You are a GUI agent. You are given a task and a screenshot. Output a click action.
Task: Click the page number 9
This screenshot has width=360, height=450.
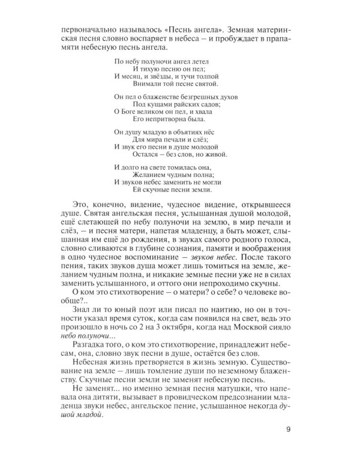(x=289, y=428)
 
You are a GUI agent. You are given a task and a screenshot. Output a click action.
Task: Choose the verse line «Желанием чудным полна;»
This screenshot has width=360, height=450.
(x=172, y=172)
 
